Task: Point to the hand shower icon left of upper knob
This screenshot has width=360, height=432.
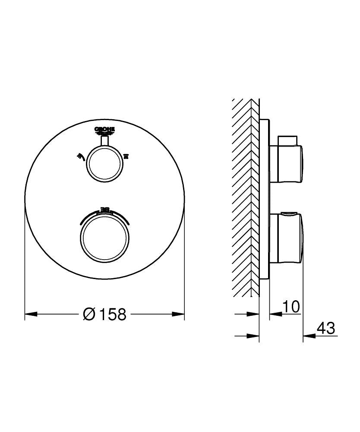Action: [80, 156]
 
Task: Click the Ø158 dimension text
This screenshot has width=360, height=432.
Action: [104, 314]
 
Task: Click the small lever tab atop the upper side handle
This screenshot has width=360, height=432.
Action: [287, 140]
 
